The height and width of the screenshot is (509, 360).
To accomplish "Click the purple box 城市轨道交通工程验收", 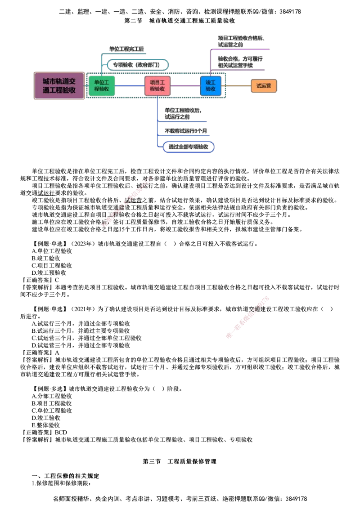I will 59,85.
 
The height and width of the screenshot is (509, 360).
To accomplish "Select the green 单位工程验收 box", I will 101,85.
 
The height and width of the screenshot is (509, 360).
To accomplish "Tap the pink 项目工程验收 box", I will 157,85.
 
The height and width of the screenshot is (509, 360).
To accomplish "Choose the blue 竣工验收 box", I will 211,85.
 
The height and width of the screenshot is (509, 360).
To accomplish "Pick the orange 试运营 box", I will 263,85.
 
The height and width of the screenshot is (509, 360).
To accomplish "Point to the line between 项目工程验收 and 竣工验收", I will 185,85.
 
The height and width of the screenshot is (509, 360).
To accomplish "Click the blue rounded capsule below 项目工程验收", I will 188,147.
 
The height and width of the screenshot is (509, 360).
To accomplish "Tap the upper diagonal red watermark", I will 127,202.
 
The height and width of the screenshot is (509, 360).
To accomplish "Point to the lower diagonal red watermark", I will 247,317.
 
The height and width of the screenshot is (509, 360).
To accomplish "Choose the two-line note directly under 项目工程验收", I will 182,113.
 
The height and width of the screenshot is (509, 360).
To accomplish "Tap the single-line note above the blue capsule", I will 186,131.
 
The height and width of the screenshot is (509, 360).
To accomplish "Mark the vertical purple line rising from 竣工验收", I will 210,61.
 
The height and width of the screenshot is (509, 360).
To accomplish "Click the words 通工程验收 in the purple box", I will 59,90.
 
